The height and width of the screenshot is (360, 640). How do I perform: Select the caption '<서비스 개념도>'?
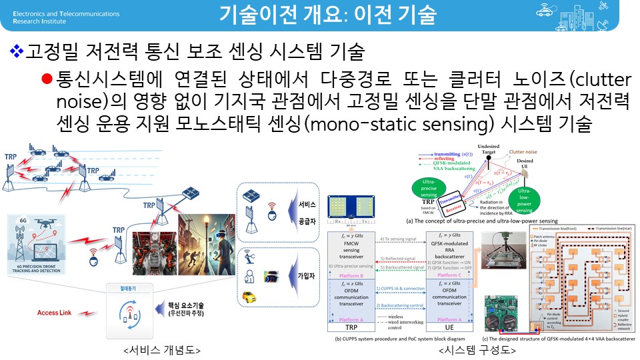tap(162, 350)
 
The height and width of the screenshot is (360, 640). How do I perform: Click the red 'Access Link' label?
tap(57, 312)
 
